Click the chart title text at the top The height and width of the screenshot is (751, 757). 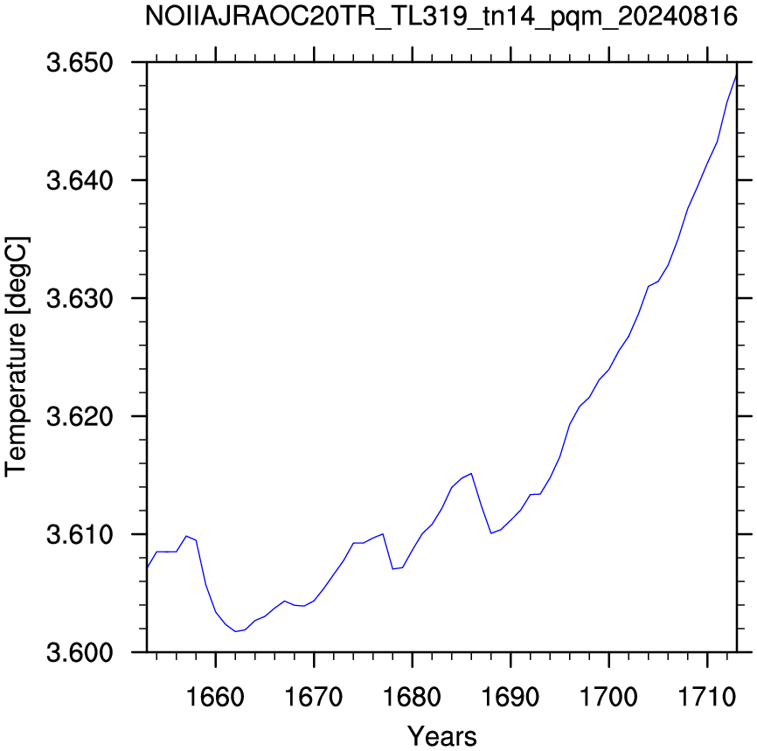coord(441,17)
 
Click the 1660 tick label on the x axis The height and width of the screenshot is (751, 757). coord(215,697)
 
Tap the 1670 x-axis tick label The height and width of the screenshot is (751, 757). coord(314,697)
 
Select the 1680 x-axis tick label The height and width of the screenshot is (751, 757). coord(412,697)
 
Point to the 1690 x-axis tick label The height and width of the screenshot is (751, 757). coord(510,697)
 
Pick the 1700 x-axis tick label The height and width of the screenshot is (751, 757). coord(608,697)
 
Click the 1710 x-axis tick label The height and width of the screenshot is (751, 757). coord(707,697)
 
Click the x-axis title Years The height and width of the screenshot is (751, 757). coord(441,736)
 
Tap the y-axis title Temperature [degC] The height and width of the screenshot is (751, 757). coord(17,357)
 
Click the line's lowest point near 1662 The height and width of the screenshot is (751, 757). coord(235,631)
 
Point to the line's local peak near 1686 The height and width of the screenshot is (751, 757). coord(471,473)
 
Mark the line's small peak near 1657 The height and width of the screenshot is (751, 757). coord(186,536)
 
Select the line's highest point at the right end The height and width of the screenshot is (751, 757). coord(737,74)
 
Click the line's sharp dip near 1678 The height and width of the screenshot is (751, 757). coord(392,569)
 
